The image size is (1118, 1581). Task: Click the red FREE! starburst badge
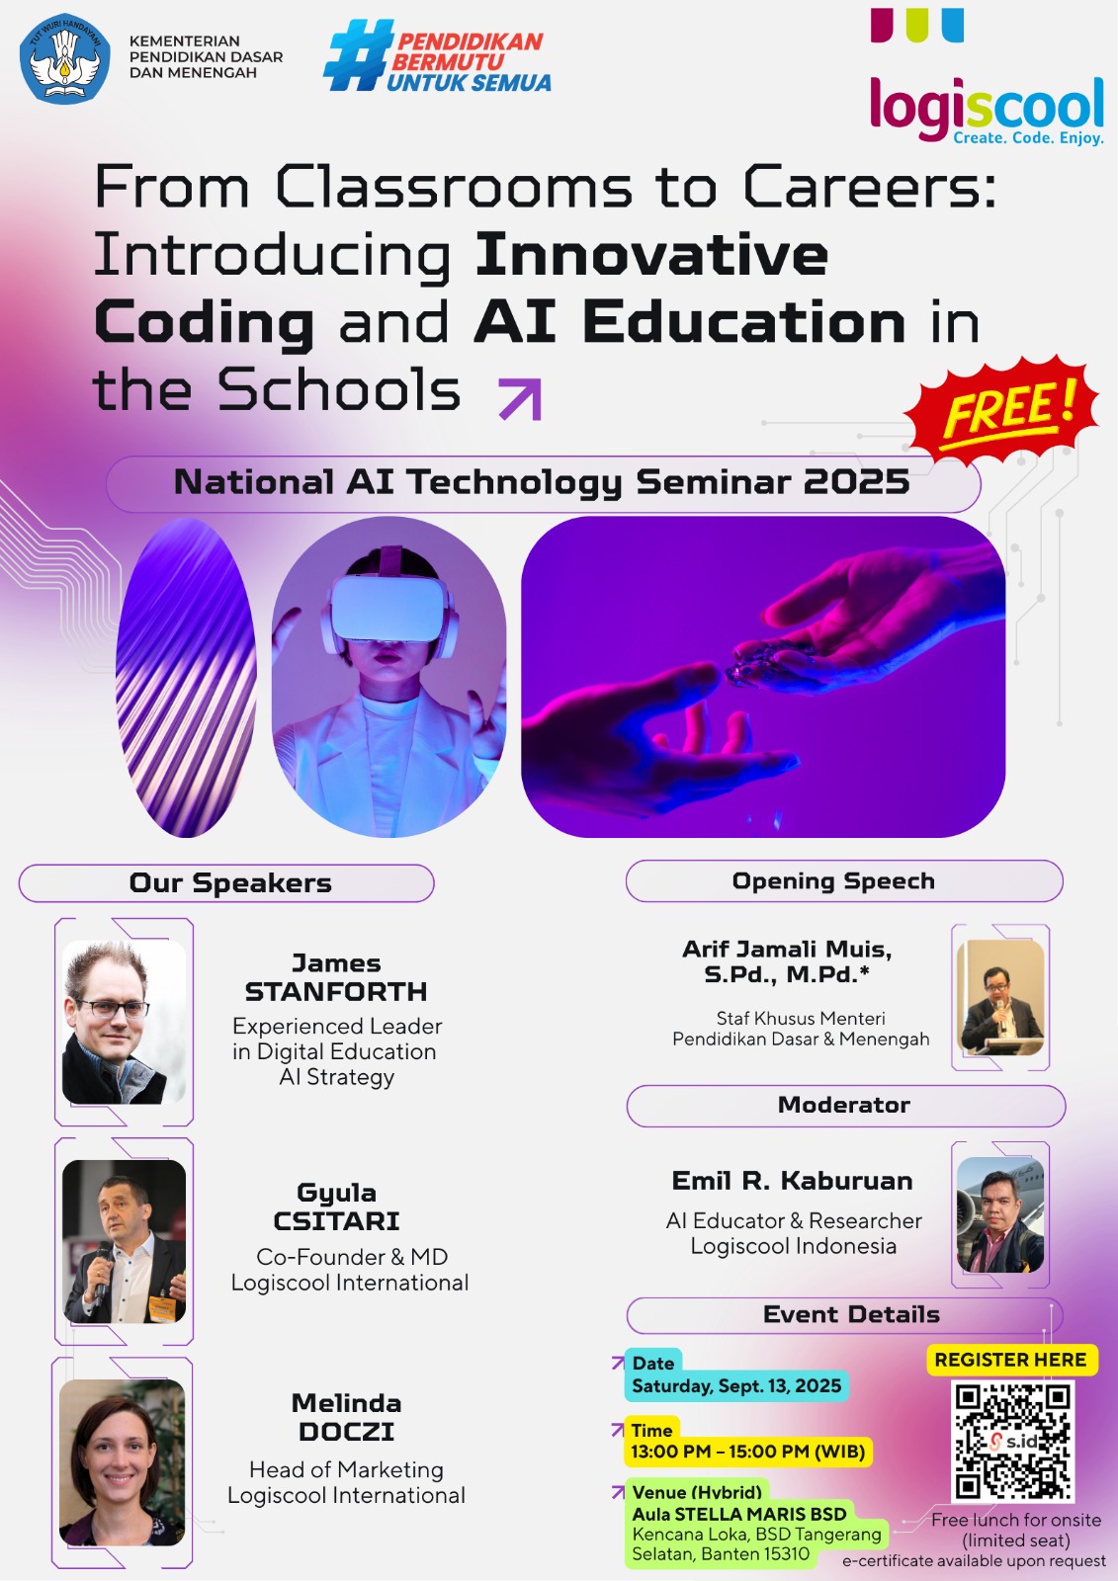point(1003,408)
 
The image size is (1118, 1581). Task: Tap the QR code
point(1012,1440)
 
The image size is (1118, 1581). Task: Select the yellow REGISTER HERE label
point(1010,1360)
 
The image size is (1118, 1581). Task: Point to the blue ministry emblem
point(64,58)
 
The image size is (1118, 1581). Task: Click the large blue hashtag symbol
point(358,55)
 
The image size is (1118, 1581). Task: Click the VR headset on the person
point(388,609)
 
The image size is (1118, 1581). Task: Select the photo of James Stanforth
point(124,1022)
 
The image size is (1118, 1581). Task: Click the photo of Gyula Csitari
point(124,1241)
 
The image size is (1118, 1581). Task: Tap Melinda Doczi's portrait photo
point(123,1461)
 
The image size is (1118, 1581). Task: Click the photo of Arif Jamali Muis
point(1000,997)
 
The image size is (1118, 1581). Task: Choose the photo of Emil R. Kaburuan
point(1000,1214)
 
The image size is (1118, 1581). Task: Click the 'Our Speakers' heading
point(230,883)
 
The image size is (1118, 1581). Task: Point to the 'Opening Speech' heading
point(833,880)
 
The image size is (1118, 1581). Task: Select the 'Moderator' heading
point(844,1105)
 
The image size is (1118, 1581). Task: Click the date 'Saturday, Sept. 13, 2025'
point(736,1385)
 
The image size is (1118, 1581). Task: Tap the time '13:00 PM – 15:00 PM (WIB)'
point(748,1452)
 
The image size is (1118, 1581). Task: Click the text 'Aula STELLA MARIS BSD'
point(738,1514)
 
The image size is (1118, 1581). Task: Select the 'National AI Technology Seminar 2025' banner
point(543,483)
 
